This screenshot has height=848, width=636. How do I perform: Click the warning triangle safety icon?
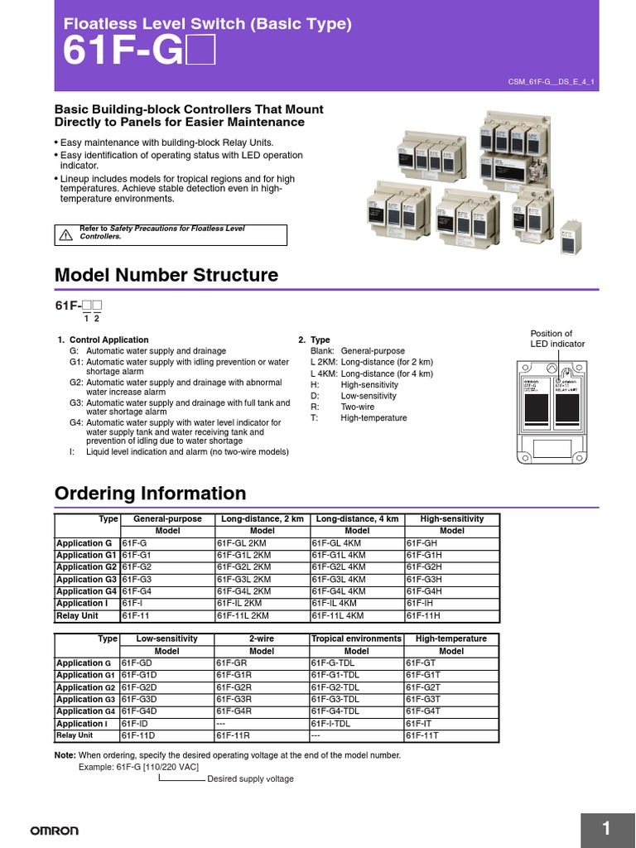pos(65,234)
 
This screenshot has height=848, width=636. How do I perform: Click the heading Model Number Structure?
pos(166,275)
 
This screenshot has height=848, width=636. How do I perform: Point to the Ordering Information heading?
pos(150,494)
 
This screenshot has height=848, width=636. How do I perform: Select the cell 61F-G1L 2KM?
pos(243,555)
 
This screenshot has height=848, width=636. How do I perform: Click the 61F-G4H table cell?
pos(424,591)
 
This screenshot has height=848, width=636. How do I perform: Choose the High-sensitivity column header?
pos(451,518)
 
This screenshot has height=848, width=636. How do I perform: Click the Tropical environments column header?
pos(356,639)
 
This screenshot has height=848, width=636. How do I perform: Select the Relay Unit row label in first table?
pos(77,615)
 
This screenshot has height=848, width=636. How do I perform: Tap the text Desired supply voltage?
pos(250,779)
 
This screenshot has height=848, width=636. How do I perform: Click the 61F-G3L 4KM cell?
pos(338,579)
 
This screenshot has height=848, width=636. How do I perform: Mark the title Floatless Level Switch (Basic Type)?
pos(208,24)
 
